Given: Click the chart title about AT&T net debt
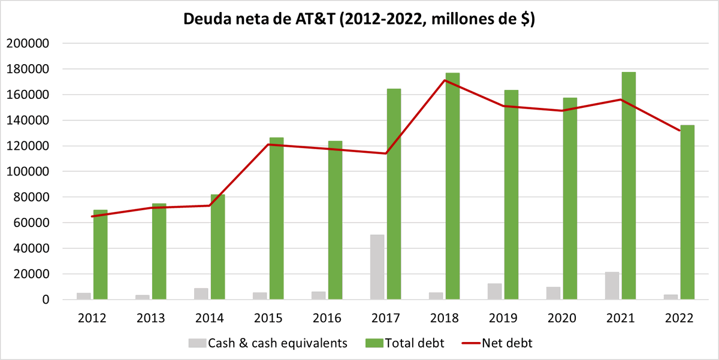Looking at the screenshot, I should [359, 19].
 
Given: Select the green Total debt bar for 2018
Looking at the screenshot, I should [452, 186].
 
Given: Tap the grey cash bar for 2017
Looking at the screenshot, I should [377, 267].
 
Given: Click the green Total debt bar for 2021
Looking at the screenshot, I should [629, 186].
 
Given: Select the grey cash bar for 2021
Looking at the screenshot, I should [612, 286].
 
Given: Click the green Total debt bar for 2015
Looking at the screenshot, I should [276, 219].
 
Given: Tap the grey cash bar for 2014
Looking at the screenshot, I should [201, 294].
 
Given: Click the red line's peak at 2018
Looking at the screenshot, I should [444, 80].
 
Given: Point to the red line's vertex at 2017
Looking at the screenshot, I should [385, 153].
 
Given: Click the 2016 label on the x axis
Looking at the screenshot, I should [327, 317].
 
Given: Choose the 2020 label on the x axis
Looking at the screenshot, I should [561, 317].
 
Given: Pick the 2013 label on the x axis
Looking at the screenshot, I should [150, 317].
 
